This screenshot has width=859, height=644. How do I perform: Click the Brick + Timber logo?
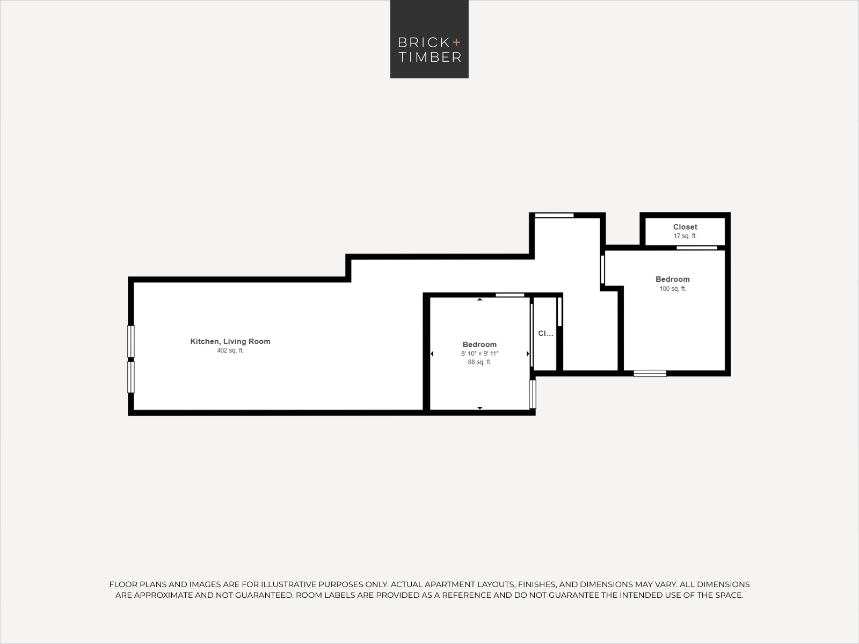[429, 39]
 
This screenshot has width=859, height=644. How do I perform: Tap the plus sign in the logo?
[456, 42]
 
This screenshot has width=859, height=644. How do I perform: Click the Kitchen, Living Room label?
[230, 341]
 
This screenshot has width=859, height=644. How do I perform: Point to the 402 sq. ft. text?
[230, 350]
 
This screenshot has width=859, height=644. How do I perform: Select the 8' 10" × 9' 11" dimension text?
[479, 354]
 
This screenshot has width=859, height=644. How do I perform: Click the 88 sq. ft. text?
[479, 362]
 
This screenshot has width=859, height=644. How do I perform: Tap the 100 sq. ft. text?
[672, 289]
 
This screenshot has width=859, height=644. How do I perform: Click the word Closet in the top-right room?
[685, 227]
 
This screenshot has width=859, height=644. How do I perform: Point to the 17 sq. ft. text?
[685, 236]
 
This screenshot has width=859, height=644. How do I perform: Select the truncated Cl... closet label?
[545, 333]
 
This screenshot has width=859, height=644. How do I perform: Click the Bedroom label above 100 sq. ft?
[672, 279]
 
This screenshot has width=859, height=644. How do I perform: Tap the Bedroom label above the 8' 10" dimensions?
[479, 345]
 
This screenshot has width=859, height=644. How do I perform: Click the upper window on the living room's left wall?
[131, 341]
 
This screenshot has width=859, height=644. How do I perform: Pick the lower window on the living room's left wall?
[131, 377]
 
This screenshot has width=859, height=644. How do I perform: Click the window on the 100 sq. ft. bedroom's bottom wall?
[650, 374]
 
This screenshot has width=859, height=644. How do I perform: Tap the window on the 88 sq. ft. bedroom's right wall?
[533, 394]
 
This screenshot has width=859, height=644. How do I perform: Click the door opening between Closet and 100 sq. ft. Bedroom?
[696, 248]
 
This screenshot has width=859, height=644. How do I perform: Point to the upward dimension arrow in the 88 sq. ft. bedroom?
[480, 299]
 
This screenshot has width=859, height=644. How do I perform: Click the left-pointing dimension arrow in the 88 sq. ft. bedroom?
[432, 354]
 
